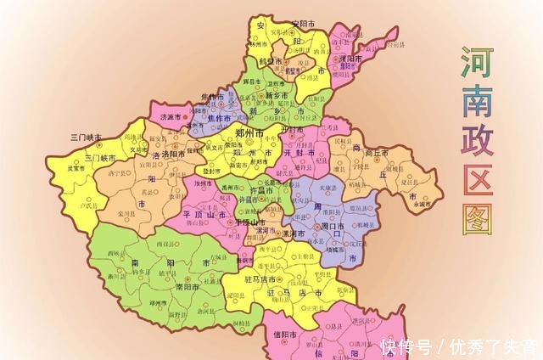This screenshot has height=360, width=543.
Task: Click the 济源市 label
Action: (173, 115)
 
